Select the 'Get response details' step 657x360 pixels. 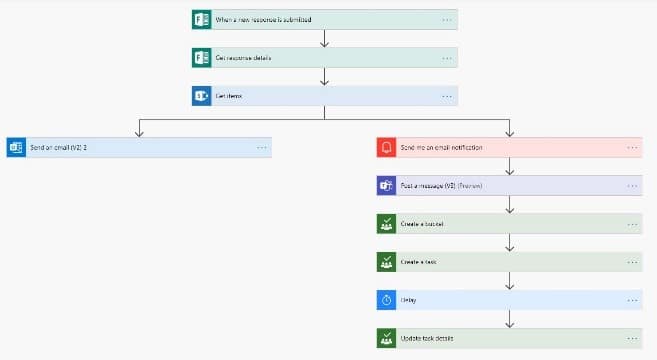pos(245,57)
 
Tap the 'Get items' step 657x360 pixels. pos(230,95)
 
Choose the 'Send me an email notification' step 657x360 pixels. pos(441,147)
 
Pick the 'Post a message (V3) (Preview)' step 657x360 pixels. pos(441,185)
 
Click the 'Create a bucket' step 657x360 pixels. pos(421,223)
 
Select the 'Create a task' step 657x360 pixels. pos(418,261)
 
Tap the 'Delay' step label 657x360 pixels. pos(409,299)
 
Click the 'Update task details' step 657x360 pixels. pos(427,337)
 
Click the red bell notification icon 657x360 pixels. pos(387,147)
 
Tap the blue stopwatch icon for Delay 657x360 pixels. pos(387,299)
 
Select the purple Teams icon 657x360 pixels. pos(387,185)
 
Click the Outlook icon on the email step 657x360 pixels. pos(16,147)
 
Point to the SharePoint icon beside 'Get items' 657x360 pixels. pos(201,95)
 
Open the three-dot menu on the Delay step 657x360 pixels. pos(632,299)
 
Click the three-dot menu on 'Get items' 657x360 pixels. pos(446,95)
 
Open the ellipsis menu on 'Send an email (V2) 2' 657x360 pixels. pos(261,147)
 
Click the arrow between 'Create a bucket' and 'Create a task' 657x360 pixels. pos(510,242)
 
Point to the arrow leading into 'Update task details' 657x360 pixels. pos(510,318)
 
